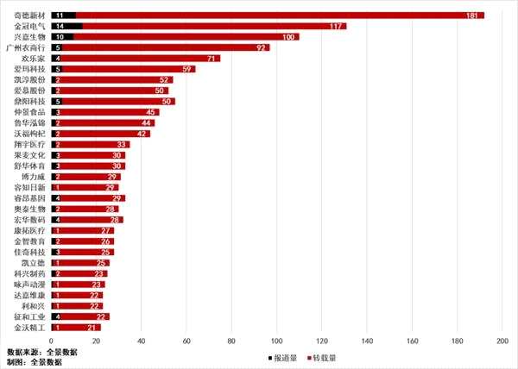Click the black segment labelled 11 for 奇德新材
click(x=63, y=16)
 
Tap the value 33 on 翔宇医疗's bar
click(x=122, y=145)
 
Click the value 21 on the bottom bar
click(x=92, y=328)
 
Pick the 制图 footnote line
click(x=35, y=363)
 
